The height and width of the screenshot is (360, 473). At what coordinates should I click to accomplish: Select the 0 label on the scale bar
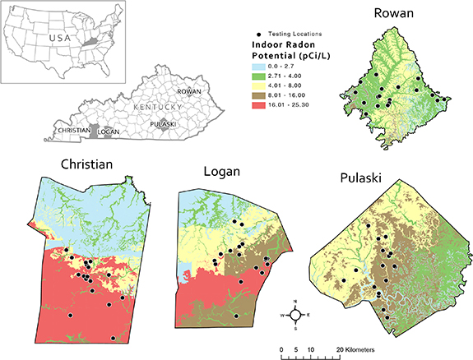(x=282, y=350)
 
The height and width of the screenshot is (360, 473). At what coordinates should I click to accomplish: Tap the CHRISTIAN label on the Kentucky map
(x=72, y=131)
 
